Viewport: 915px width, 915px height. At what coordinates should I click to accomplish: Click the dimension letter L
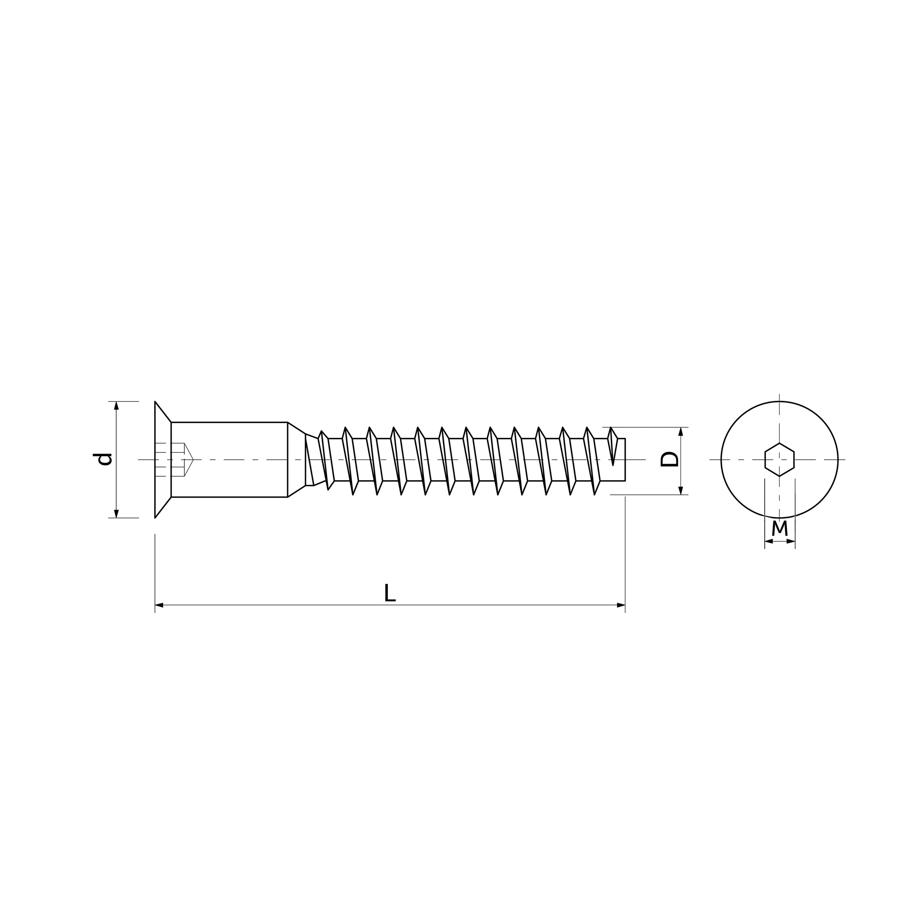tap(389, 593)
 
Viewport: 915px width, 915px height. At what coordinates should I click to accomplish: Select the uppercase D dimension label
tap(670, 459)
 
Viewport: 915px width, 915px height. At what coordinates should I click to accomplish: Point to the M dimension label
tap(779, 528)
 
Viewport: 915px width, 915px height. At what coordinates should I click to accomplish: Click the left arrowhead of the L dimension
tap(159, 605)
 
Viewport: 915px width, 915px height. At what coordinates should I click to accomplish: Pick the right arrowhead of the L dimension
tap(621, 605)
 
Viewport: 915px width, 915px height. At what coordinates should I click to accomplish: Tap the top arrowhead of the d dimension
tap(116, 405)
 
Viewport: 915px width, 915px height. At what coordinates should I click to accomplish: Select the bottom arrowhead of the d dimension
tap(116, 513)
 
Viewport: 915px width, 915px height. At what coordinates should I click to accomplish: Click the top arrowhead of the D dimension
tap(681, 431)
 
